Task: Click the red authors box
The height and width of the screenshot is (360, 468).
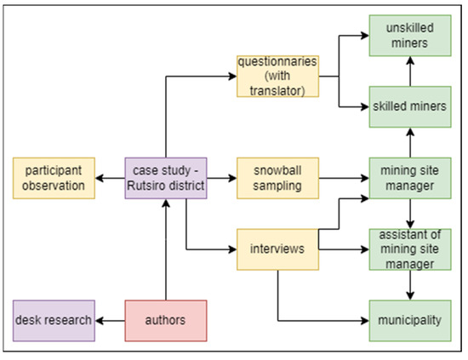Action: click(x=166, y=321)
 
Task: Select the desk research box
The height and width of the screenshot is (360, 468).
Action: click(x=54, y=321)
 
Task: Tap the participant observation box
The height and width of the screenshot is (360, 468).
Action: click(x=54, y=178)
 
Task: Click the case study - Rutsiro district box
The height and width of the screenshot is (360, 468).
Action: click(x=166, y=178)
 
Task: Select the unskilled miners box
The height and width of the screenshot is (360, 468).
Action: click(x=410, y=36)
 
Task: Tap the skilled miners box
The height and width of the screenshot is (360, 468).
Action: click(x=410, y=107)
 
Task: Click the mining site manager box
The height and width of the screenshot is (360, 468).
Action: click(x=410, y=178)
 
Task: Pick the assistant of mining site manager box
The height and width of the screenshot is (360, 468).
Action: click(x=410, y=249)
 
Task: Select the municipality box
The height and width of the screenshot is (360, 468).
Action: click(x=410, y=321)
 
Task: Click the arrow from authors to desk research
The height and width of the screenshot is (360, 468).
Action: click(x=111, y=321)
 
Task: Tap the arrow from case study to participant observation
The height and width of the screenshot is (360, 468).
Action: click(x=109, y=178)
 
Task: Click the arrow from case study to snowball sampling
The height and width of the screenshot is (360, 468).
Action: click(x=222, y=178)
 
